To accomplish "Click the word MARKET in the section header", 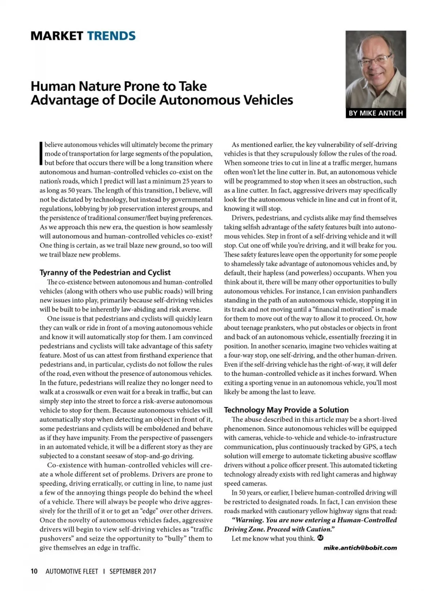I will (57, 36).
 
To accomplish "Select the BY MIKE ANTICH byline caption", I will (376, 113).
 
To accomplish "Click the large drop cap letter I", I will (41, 153).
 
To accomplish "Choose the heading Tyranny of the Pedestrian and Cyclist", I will (105, 272).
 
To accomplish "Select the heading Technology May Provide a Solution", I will (286, 410).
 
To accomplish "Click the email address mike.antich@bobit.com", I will (360, 548).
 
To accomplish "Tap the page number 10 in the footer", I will (34, 571).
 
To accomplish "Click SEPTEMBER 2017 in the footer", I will (133, 571).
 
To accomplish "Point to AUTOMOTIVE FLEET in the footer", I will (72, 571).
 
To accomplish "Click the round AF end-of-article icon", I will (320, 538).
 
